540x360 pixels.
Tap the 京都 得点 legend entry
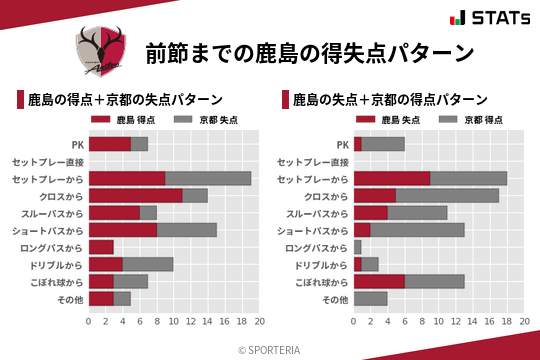point(463,120)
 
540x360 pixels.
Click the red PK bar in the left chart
point(110,144)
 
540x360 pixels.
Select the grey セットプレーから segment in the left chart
point(208,178)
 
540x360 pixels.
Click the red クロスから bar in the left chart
point(136,195)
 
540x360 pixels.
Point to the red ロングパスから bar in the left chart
point(101,247)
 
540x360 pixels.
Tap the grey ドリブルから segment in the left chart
point(148,264)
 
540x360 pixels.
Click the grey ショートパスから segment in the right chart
point(417,230)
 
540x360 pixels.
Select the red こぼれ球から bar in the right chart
point(379,281)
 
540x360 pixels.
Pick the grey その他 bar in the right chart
point(370,298)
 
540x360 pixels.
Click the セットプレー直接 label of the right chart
point(312,162)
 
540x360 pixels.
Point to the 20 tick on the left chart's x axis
point(259,322)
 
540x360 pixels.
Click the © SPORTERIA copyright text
point(270,349)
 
